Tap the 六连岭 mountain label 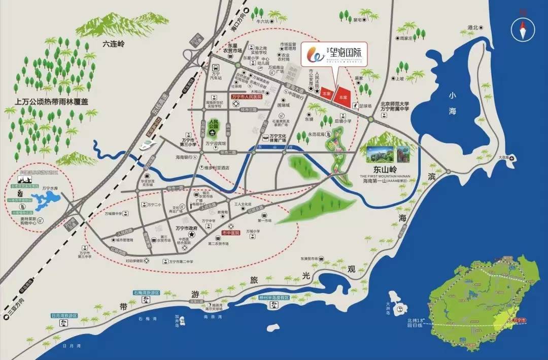(113, 44)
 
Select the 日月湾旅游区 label (64, 315)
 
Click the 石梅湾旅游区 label (146, 293)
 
